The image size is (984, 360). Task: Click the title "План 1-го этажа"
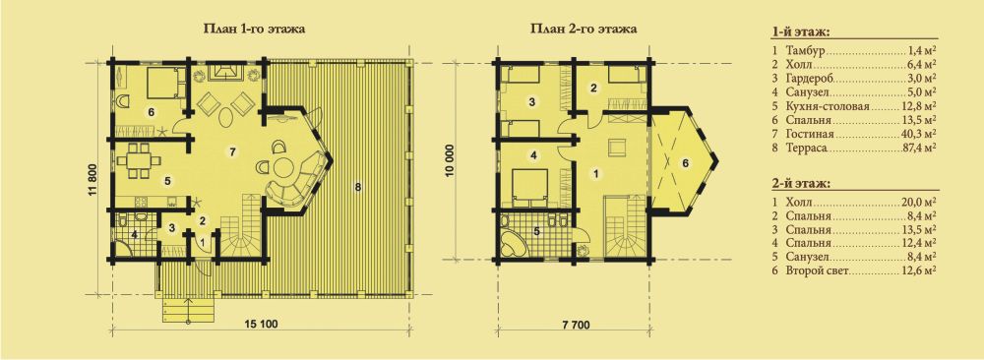click(x=254, y=30)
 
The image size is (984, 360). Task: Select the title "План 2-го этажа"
click(x=582, y=30)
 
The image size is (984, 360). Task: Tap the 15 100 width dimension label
click(x=261, y=325)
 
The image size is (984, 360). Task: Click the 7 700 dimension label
click(x=575, y=325)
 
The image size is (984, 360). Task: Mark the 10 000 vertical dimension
click(x=449, y=162)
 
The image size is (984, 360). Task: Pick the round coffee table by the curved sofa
click(x=285, y=168)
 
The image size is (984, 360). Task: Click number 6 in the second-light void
click(x=685, y=163)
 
